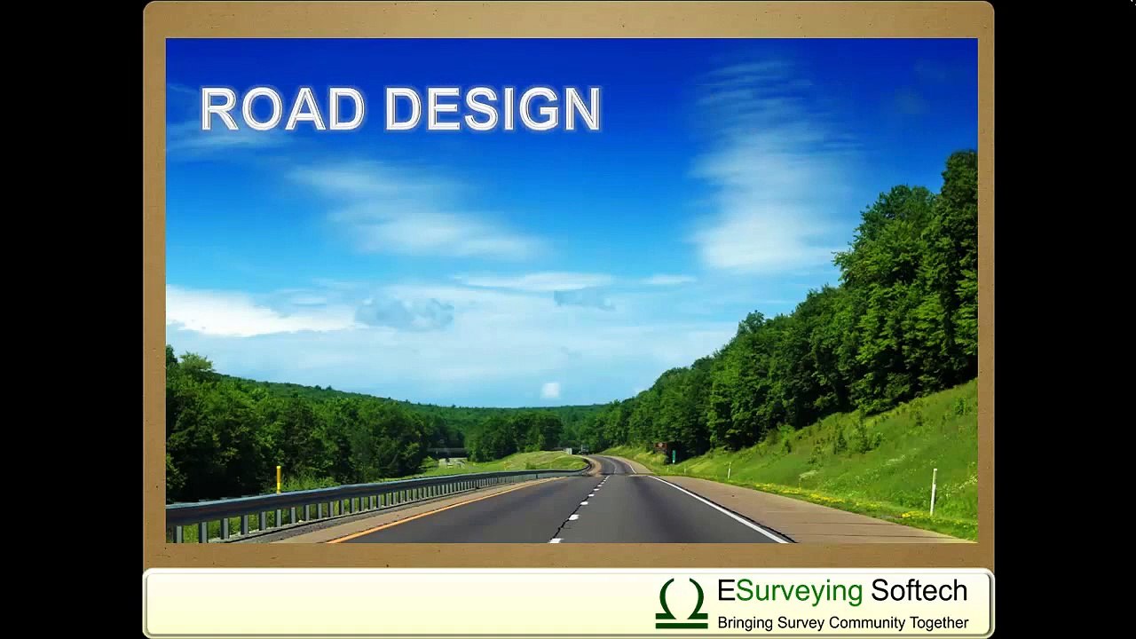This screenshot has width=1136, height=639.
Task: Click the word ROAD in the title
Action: coord(282,109)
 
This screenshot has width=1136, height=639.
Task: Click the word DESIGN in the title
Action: coord(493,109)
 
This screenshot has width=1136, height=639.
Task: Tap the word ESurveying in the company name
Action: coord(790,591)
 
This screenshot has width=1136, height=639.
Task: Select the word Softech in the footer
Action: coord(919,591)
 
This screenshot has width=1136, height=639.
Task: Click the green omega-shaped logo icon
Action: coord(682,603)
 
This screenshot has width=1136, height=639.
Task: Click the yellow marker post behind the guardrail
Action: coord(278,479)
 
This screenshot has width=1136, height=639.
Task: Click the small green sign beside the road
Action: coord(673,455)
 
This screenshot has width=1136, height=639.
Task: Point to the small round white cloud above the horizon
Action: coord(551,390)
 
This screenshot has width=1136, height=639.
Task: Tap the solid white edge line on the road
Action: coord(719,508)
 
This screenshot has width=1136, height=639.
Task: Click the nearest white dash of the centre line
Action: coord(556,536)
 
